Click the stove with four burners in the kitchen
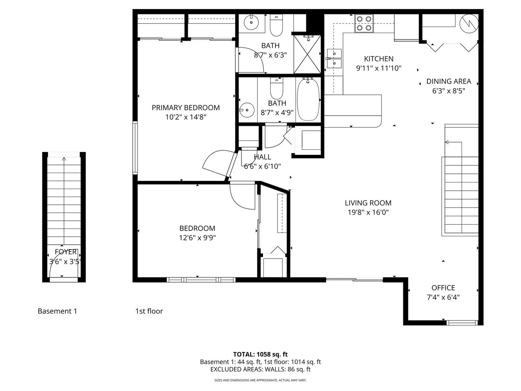pyautogui.click(x=364, y=23)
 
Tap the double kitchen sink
pyautogui.click(x=334, y=59)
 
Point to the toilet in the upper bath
pyautogui.click(x=276, y=25)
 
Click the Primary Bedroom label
pyautogui.click(x=186, y=108)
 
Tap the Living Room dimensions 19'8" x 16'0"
pyautogui.click(x=368, y=212)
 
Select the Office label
pyautogui.click(x=443, y=288)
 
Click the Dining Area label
pyautogui.click(x=449, y=81)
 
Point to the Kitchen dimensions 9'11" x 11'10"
pyautogui.click(x=379, y=68)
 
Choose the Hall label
pyautogui.click(x=262, y=157)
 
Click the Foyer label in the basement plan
pyautogui.click(x=66, y=252)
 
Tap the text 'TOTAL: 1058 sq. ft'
pyautogui.click(x=260, y=354)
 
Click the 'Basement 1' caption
pyautogui.click(x=57, y=311)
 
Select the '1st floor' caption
pyautogui.click(x=149, y=311)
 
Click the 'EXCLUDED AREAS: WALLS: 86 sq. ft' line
pyautogui.click(x=260, y=369)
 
